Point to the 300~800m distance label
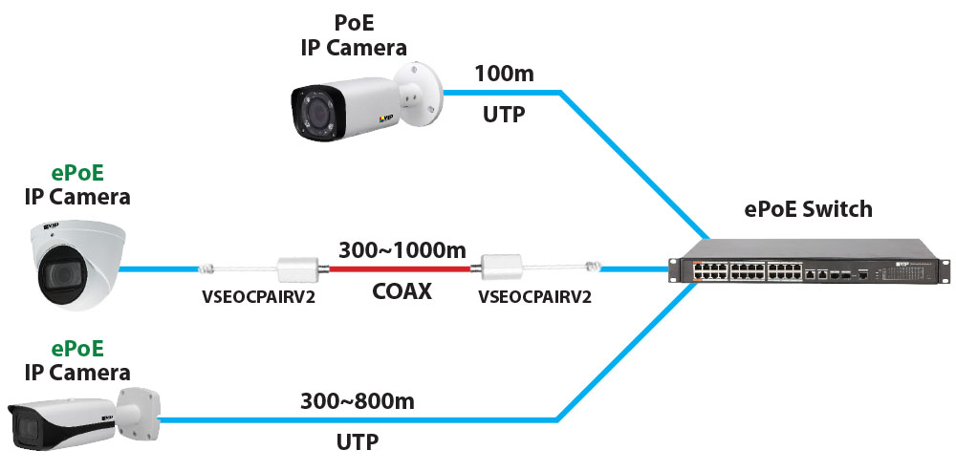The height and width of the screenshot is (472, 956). click(x=358, y=401)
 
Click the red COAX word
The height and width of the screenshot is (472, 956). click(x=402, y=290)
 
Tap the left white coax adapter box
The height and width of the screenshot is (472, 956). click(x=296, y=268)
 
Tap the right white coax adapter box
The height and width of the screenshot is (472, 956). click(x=505, y=268)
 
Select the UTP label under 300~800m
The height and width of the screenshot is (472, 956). click(x=357, y=441)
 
